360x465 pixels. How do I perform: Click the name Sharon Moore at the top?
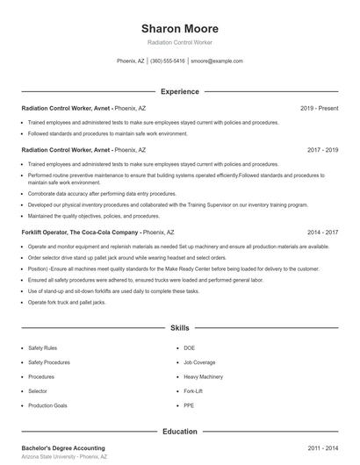[x=179, y=27]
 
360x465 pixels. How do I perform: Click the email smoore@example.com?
[x=216, y=61]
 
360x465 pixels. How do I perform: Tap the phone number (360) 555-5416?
[x=167, y=61]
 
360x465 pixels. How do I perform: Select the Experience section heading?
[x=179, y=91]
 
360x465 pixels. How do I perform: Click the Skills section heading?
[x=179, y=327]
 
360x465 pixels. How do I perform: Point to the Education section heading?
[x=179, y=432]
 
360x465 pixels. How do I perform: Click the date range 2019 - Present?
[x=319, y=108]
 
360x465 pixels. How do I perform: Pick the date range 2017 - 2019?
[x=322, y=150]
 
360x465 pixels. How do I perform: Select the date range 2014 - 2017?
[x=322, y=232]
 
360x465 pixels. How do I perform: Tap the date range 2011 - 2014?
[x=322, y=447]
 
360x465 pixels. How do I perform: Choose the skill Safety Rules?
[x=42, y=348]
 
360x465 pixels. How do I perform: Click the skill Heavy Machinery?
[x=203, y=376]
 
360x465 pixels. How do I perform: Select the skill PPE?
[x=188, y=405]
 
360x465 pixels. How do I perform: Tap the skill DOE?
[x=189, y=348]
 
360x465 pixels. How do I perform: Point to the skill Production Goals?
[x=47, y=405]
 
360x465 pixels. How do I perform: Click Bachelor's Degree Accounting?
[x=62, y=447]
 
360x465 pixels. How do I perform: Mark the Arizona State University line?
[x=64, y=457]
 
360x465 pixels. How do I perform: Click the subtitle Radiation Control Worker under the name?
[x=179, y=42]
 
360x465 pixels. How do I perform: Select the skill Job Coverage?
[x=199, y=362]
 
